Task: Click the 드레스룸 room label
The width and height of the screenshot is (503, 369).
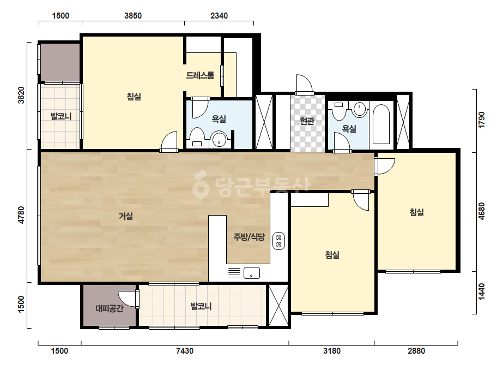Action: pos(200,75)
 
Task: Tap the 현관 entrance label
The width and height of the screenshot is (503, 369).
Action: pos(307,121)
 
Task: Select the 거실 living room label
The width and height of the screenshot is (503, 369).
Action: pos(126,216)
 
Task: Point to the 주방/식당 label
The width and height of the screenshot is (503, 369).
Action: pos(249,237)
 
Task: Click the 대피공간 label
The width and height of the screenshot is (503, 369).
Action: pos(110,308)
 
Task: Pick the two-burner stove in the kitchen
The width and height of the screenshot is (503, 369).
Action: pos(278,241)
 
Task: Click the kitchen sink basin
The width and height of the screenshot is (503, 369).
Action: pos(252,273)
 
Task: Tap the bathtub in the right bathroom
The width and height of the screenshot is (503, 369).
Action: pos(381,124)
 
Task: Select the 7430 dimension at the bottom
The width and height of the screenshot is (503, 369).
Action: pos(185,350)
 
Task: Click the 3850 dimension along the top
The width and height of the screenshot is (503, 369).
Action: pos(133,16)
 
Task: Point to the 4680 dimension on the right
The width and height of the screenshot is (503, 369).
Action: pos(482,211)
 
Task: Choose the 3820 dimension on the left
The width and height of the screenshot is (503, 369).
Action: pos(21,95)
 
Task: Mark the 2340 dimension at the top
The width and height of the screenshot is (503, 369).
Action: pos(219,16)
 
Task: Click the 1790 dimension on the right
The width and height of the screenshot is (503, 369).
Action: pos(482,120)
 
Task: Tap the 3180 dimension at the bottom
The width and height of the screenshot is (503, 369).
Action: pos(332,350)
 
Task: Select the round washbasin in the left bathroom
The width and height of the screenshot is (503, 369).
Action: pos(220,139)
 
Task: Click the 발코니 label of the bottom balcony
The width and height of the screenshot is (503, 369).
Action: pos(201,306)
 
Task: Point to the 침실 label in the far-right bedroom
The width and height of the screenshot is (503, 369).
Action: pos(417,212)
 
